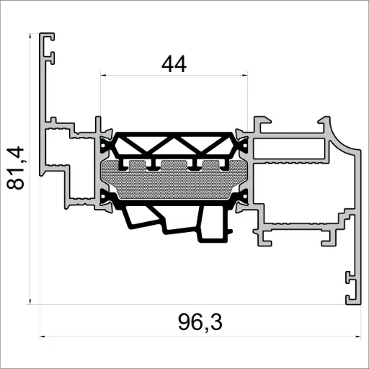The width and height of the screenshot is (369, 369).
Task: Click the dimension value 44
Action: point(174,64)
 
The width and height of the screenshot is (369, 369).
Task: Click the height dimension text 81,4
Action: point(16,168)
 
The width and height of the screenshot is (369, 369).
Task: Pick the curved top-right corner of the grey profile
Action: point(339,130)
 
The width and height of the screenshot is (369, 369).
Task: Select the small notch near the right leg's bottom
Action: point(348,277)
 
